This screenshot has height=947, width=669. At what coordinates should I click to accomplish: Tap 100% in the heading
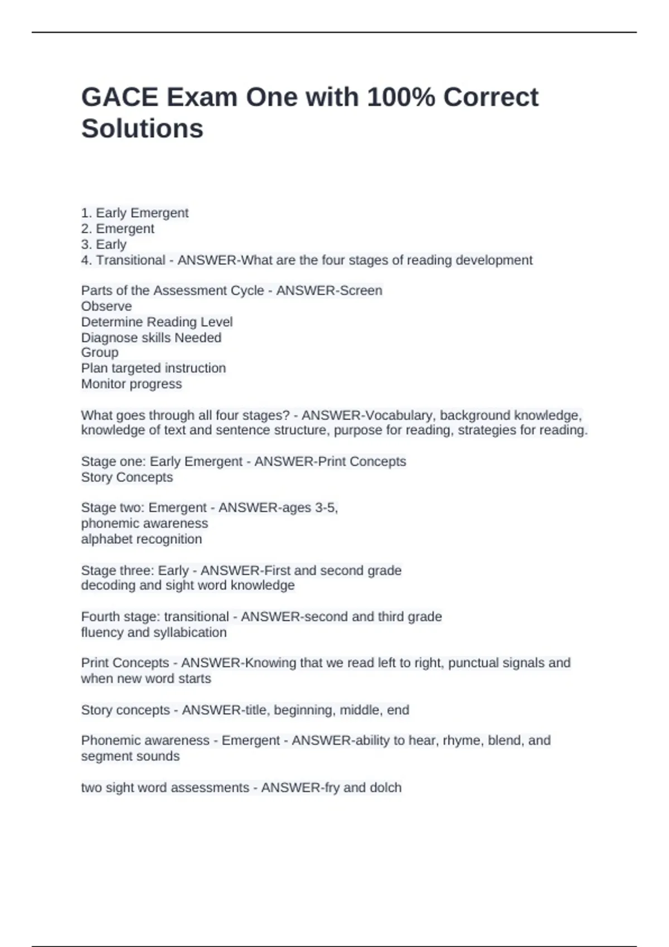point(401,97)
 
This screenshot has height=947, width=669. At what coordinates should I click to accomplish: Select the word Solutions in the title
point(142,129)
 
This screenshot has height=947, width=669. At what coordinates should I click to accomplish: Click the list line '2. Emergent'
point(118,228)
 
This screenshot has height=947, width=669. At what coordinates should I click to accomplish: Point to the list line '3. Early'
point(104,244)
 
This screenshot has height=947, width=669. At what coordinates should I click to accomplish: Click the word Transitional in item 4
point(130,260)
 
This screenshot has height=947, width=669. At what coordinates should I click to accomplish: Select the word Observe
point(106,306)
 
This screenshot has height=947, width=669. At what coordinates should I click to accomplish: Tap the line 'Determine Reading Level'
point(157,321)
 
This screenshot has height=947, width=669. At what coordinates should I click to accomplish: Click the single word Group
point(100,352)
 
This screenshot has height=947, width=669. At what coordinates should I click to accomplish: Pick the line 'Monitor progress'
point(132,384)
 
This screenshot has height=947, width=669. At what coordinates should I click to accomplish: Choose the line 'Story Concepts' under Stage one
point(127,477)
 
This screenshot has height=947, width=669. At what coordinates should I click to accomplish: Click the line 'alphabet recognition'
point(142,539)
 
